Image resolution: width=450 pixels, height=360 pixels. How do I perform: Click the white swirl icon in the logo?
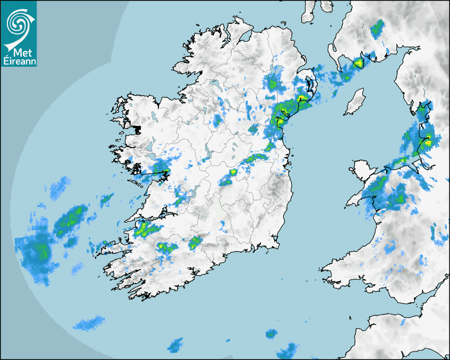[18, 22]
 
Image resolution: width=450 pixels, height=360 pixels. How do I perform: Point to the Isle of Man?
[355, 102]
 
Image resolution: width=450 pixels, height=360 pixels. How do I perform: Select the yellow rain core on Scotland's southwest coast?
[358, 64]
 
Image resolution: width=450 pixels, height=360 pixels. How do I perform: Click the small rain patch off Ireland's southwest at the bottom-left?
[88, 322]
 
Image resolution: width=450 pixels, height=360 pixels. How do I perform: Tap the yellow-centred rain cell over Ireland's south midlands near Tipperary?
[195, 242]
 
